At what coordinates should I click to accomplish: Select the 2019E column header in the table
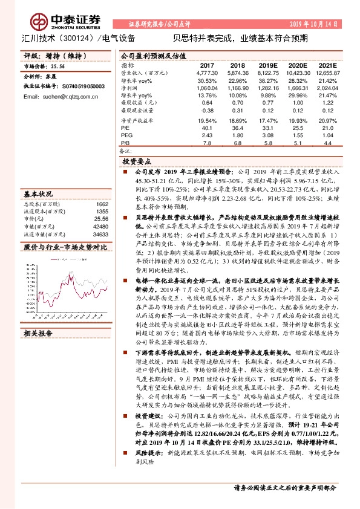[267, 65]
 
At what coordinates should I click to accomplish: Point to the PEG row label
[126, 135]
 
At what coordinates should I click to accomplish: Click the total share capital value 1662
[102, 204]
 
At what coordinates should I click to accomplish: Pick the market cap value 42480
[101, 225]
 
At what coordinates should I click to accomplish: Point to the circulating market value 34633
[101, 233]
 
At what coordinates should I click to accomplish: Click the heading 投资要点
[136, 163]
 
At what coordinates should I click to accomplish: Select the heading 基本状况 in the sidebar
[38, 195]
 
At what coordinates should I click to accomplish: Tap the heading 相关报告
[38, 333]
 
